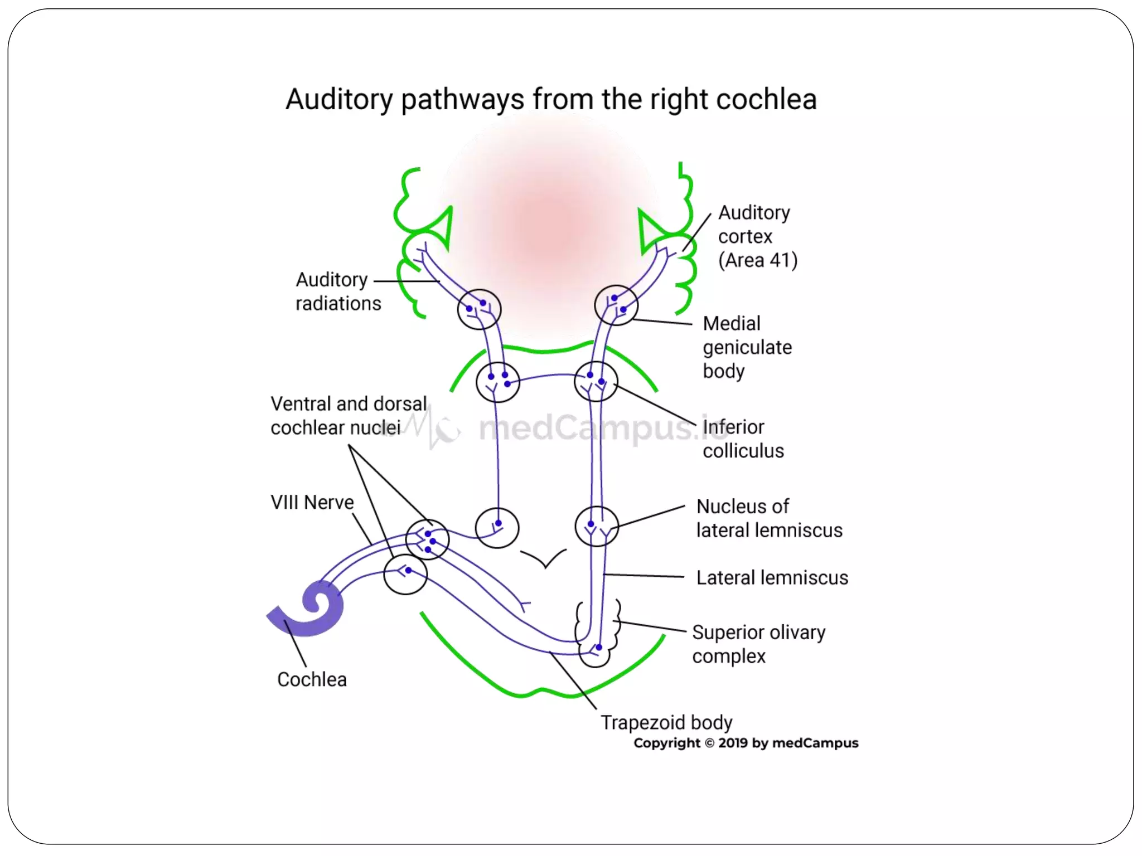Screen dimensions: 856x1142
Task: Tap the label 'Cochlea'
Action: (x=312, y=679)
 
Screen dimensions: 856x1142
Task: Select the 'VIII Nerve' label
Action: (x=312, y=502)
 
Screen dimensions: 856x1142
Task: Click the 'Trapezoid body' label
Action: (x=666, y=722)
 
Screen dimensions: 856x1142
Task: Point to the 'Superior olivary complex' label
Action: (x=758, y=644)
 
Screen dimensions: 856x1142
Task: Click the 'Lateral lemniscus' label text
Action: (x=772, y=577)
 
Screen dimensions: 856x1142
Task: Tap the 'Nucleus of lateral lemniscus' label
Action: (x=769, y=518)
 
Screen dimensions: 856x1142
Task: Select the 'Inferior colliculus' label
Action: (x=743, y=439)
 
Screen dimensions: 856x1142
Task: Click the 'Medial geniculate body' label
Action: (x=747, y=347)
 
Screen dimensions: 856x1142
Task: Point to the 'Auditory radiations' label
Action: (x=337, y=291)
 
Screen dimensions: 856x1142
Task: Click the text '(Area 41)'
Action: (x=757, y=260)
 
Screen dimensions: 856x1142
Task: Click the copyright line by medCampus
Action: (x=746, y=743)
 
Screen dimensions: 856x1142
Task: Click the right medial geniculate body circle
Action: (x=616, y=305)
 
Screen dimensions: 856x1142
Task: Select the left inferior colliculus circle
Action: (x=497, y=382)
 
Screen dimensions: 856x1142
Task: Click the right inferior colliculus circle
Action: (x=596, y=382)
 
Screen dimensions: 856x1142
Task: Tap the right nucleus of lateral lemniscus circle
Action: (x=596, y=526)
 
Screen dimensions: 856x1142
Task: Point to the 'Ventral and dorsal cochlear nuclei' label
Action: (x=348, y=415)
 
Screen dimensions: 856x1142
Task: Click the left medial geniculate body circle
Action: (x=479, y=309)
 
